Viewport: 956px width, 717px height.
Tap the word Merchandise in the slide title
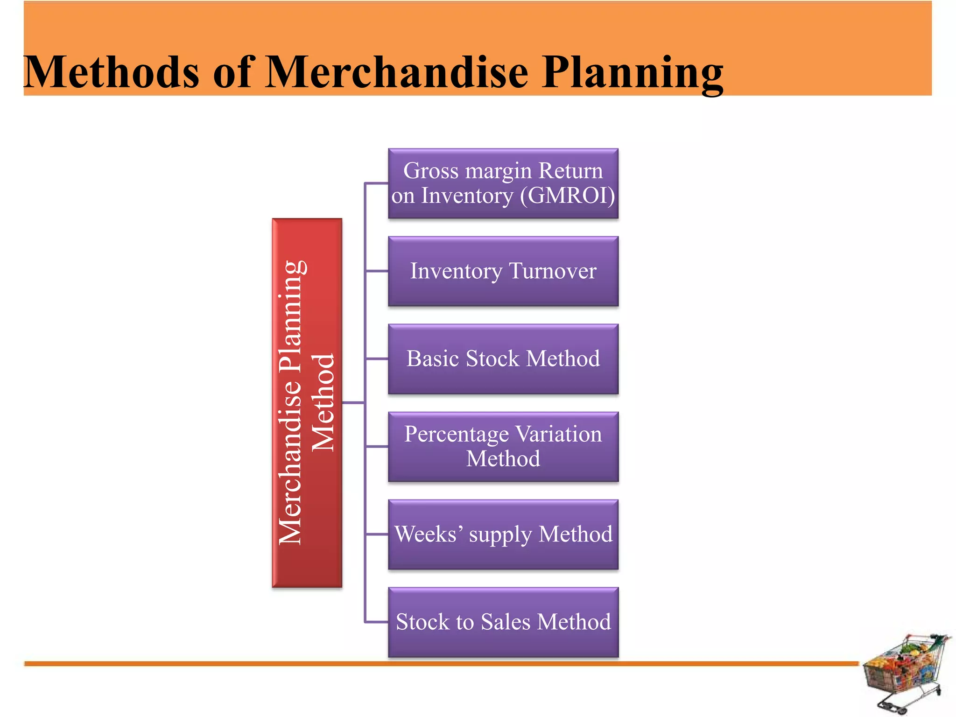point(397,72)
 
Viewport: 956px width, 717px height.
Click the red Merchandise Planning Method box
point(307,402)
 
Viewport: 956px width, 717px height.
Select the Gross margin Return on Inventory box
point(503,183)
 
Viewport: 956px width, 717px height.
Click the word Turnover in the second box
point(553,271)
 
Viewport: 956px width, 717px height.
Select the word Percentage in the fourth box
point(457,435)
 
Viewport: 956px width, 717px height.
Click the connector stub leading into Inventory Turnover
point(376,271)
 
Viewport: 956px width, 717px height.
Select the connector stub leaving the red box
point(353,402)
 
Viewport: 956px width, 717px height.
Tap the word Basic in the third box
point(433,358)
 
